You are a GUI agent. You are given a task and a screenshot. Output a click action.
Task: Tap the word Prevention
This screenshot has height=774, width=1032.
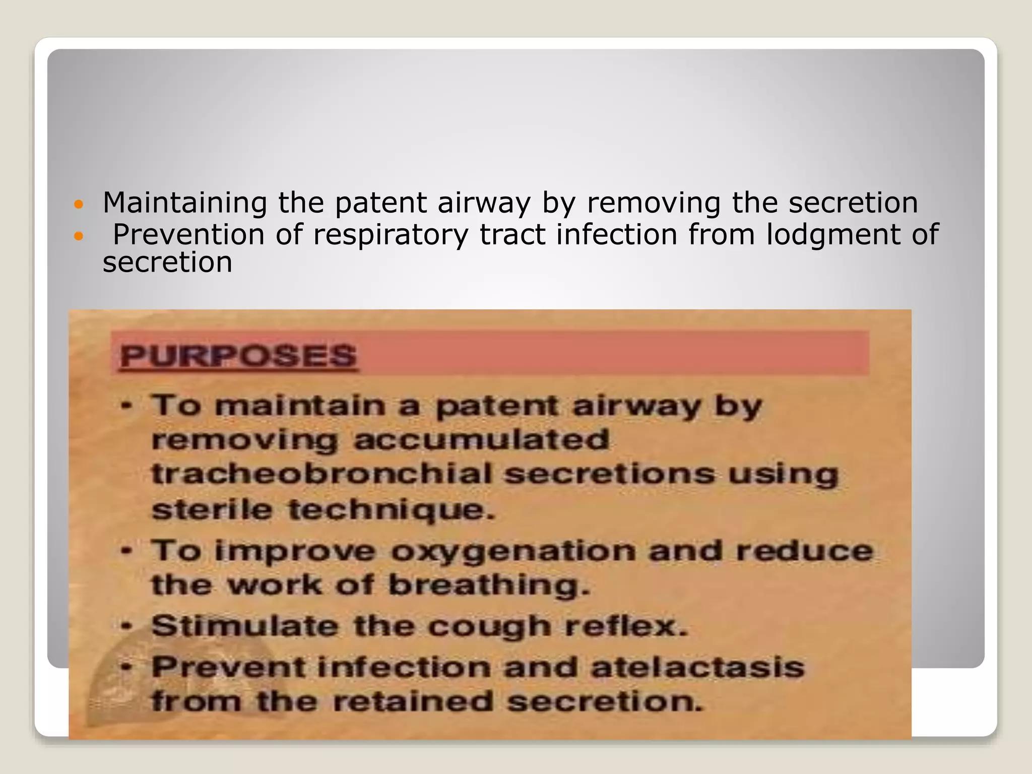[188, 234]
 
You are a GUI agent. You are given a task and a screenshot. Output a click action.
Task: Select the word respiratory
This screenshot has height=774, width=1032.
[391, 235]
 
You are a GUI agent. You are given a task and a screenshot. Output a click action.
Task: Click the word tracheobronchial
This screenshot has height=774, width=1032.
[321, 475]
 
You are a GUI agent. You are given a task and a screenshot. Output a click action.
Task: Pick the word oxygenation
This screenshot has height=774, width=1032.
[513, 551]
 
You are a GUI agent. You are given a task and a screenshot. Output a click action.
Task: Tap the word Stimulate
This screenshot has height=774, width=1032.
[244, 626]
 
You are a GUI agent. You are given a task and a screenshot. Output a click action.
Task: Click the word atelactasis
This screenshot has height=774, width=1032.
[697, 668]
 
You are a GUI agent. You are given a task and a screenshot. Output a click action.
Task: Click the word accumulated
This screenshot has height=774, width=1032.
[481, 440]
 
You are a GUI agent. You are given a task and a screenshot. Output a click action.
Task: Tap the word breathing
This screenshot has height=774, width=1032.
[488, 586]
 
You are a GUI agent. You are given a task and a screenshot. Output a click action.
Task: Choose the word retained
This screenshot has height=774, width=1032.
[413, 701]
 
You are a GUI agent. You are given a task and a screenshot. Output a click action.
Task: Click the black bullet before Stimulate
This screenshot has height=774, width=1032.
[127, 626]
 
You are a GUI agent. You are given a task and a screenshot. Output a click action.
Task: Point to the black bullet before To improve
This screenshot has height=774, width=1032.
[127, 550]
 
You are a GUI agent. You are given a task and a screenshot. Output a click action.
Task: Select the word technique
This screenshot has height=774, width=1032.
[392, 510]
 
